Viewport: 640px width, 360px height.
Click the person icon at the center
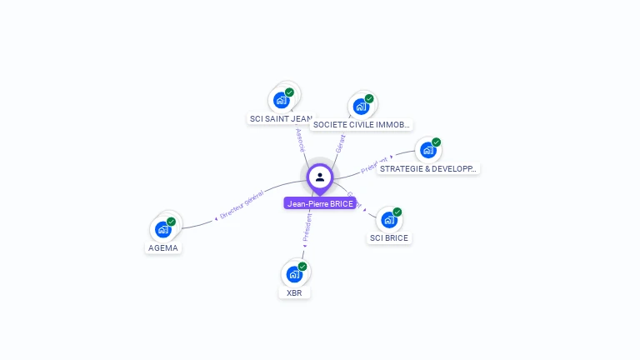pos(320,177)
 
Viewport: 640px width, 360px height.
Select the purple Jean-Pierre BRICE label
pos(320,203)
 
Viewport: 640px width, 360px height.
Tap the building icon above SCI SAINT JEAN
pos(282,99)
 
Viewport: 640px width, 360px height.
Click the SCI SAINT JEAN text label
pos(282,119)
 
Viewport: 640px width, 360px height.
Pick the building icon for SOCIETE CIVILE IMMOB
pos(362,106)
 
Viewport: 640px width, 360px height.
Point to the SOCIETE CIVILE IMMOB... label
pos(361,125)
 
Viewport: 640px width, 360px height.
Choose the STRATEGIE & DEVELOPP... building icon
pos(428,150)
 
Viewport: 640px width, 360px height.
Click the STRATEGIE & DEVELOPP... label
pos(427,168)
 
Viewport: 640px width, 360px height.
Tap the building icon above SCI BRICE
pos(389,220)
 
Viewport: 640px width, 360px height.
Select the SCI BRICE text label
pos(390,238)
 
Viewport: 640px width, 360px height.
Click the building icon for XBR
pos(294,273)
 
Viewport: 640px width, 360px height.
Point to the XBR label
pos(294,293)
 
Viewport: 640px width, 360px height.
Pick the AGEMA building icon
pos(163,229)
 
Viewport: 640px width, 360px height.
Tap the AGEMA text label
pos(163,247)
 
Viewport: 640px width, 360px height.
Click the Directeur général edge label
pos(242,204)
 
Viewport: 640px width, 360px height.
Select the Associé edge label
pos(301,140)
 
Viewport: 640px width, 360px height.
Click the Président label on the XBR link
pos(307,227)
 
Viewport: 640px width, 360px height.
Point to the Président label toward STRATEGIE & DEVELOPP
pos(375,164)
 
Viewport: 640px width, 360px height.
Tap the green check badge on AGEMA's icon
pos(171,222)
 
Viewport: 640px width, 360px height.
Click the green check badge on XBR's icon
pos(302,267)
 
